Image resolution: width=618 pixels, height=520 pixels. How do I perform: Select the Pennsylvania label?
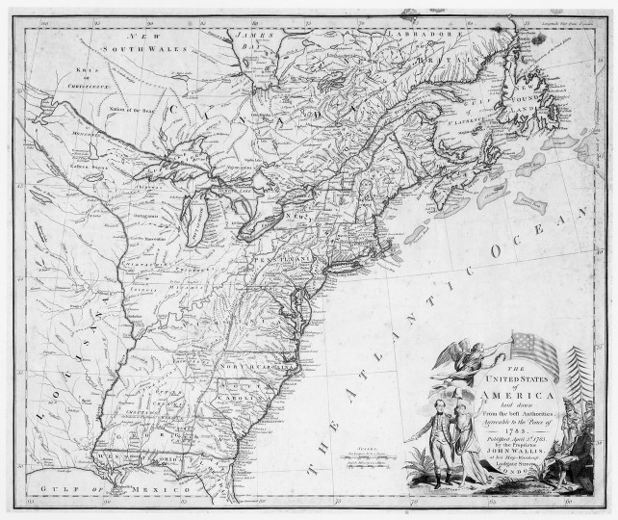[285, 259]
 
